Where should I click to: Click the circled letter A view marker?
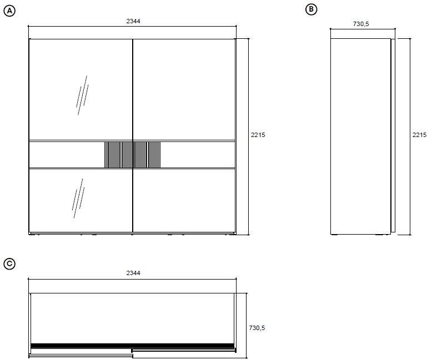coord(9,11)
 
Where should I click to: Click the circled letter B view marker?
coord(312,9)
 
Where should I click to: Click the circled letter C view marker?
coord(9,264)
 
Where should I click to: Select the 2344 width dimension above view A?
coord(133,21)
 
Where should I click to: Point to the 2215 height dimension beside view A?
coord(258,135)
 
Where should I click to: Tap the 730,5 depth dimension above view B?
coord(361,24)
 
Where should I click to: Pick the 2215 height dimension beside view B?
coord(419,135)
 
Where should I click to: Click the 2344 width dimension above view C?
coord(133,273)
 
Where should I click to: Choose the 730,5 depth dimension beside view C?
coord(257,328)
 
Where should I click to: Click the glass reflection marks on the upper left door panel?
coord(82,95)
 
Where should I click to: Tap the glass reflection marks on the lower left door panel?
coord(78,199)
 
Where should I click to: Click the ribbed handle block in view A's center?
coord(133,155)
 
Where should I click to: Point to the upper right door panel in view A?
coord(184,90)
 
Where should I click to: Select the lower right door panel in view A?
coord(184,200)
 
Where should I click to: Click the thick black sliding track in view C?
coord(132,346)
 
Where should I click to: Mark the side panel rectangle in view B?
coord(360,136)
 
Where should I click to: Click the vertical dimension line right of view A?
coord(249,136)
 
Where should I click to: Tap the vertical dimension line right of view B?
coord(410,136)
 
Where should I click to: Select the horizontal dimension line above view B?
coord(363,29)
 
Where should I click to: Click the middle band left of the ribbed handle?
coord(67,155)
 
